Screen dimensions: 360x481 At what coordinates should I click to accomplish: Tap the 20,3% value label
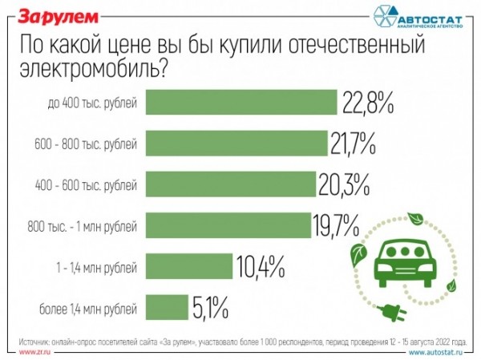tap(344, 185)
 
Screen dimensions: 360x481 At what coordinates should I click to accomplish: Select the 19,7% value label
tap(335, 226)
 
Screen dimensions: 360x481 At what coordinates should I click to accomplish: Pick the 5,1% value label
tap(210, 307)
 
